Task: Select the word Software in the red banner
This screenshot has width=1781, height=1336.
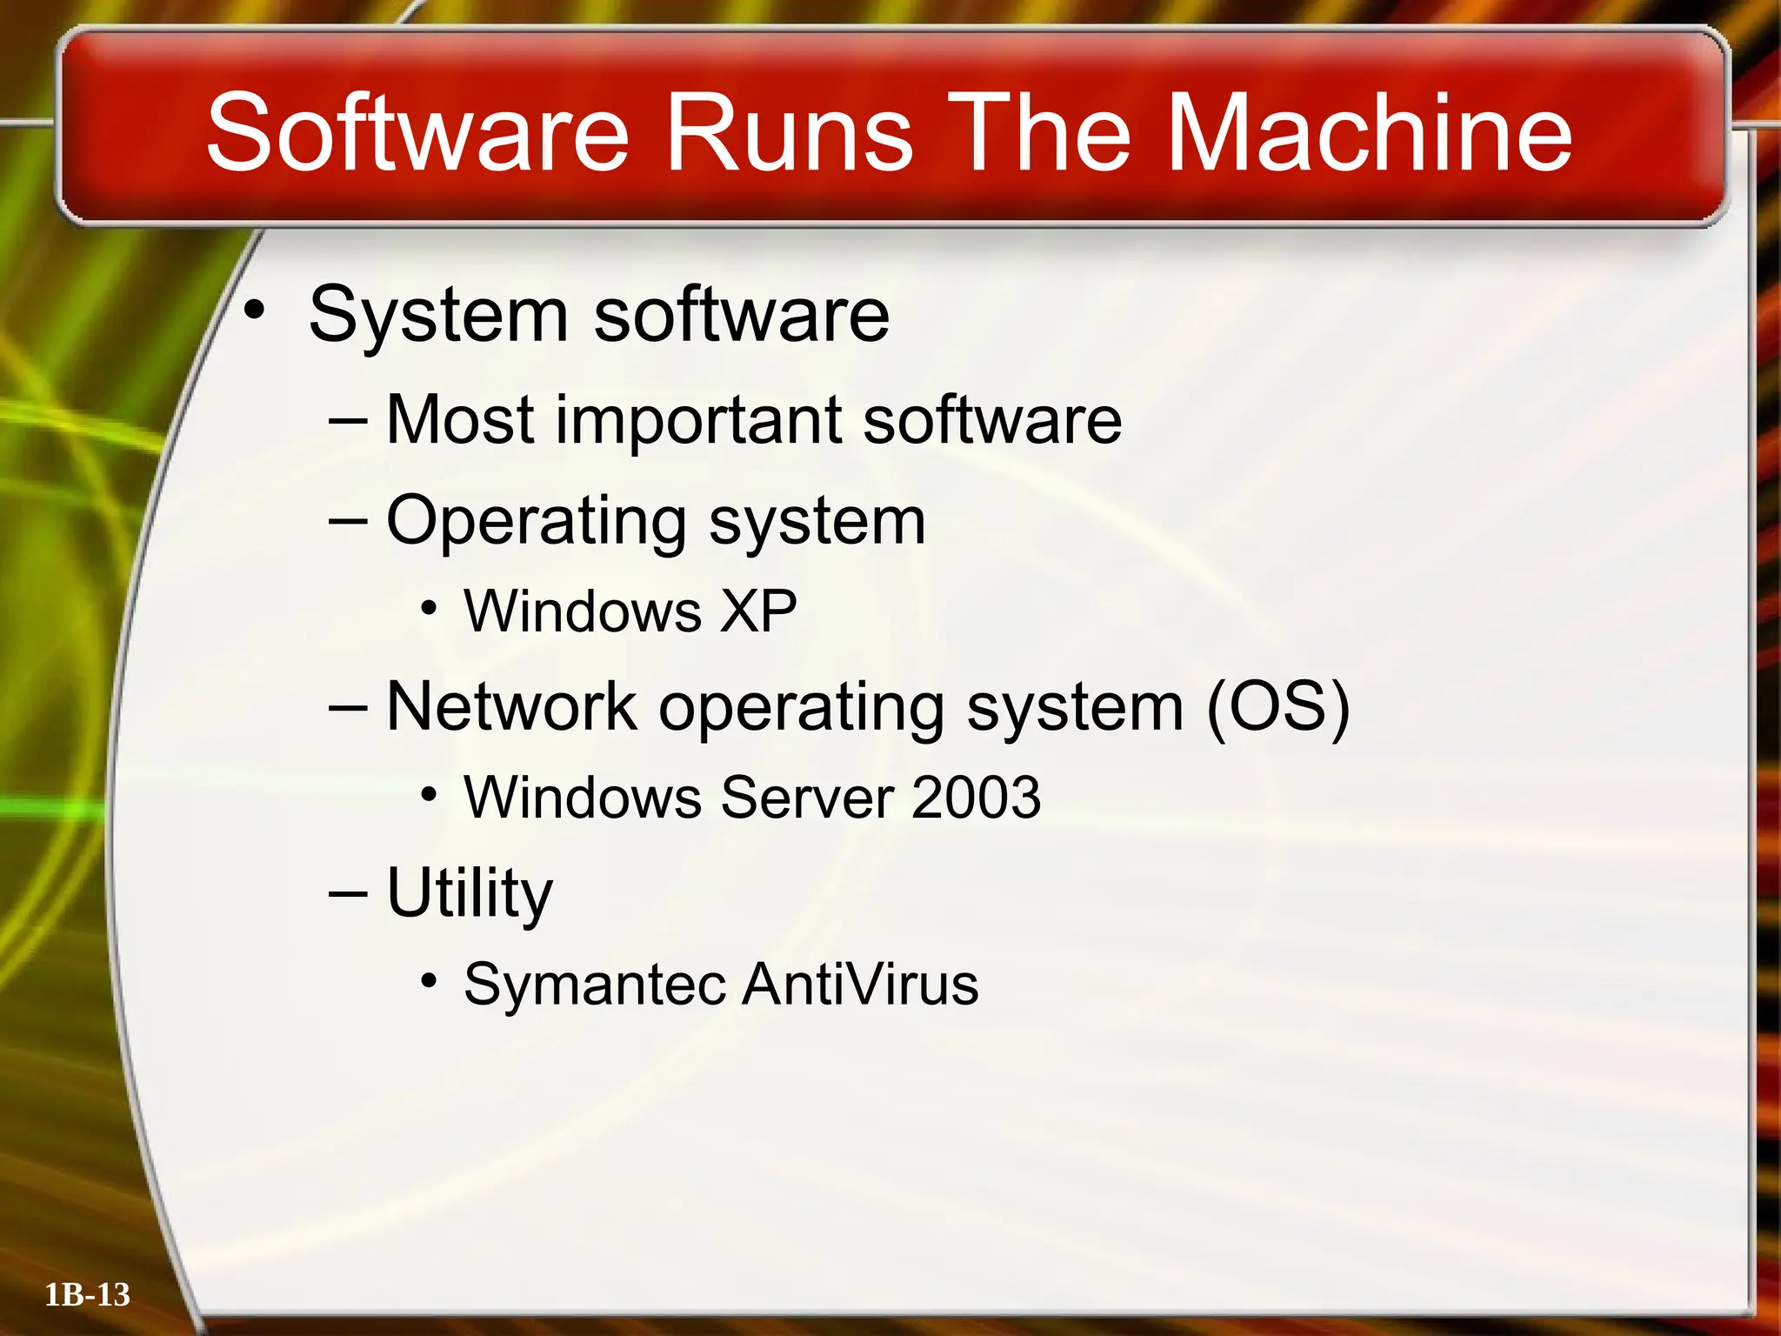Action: click(417, 132)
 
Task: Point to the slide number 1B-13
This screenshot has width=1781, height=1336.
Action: click(87, 1295)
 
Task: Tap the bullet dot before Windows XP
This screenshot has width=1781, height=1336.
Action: click(428, 608)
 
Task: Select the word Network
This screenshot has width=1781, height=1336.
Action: click(511, 706)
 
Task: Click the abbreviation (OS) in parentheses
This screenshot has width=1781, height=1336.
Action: click(1277, 708)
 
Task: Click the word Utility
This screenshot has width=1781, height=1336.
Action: click(470, 894)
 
